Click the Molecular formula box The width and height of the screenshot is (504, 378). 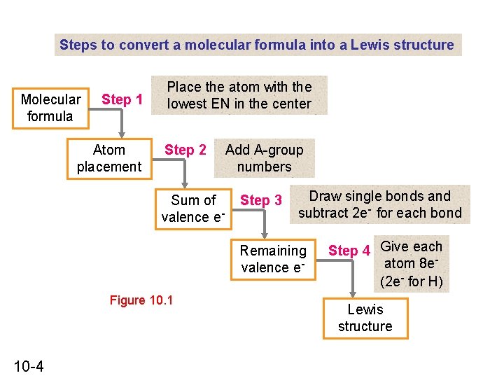click(50, 108)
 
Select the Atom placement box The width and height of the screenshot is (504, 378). click(109, 158)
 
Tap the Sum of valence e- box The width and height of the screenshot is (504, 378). click(193, 209)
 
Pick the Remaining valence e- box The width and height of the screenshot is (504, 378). click(273, 259)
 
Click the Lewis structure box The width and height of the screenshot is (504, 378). click(365, 318)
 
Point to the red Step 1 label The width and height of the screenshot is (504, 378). click(122, 99)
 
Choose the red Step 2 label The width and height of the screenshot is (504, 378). click(185, 150)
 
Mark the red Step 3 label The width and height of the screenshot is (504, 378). click(261, 201)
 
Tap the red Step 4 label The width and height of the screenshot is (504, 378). click(349, 251)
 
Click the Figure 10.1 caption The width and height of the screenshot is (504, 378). click(141, 301)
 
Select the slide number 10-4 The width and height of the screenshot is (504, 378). click(29, 365)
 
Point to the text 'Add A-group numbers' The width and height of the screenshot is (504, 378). click(265, 158)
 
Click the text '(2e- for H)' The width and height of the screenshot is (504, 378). click(412, 282)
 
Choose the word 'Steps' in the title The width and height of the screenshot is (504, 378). click(78, 45)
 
